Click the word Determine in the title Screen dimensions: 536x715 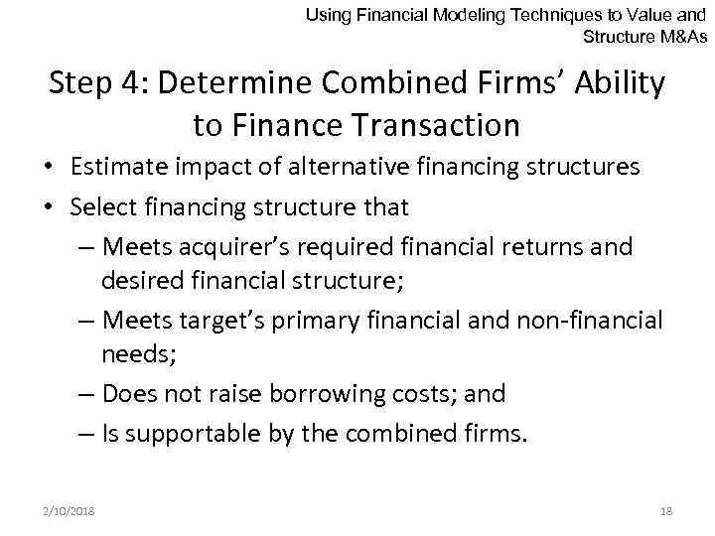coord(222,84)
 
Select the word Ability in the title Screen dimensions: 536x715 coord(619,84)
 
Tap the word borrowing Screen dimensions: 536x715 coord(326,394)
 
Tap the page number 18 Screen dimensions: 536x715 coord(665,510)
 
